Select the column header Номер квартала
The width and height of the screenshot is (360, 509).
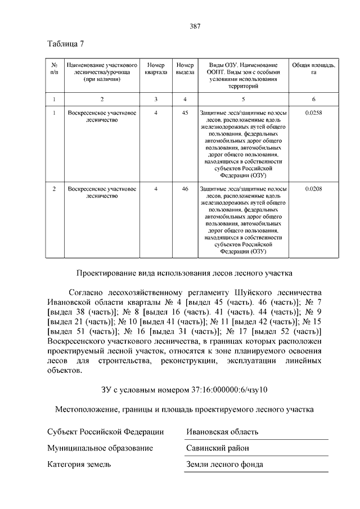click(156, 69)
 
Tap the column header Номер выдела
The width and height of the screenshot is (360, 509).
click(184, 69)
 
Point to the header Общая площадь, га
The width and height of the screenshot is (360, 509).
click(313, 69)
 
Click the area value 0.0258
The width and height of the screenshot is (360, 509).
click(313, 114)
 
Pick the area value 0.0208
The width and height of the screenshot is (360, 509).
click(313, 188)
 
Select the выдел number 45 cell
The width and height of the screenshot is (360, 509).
click(184, 114)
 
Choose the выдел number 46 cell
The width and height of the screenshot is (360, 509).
click(184, 188)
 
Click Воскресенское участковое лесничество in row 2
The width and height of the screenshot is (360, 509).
click(102, 192)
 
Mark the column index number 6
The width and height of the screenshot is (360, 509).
click(313, 99)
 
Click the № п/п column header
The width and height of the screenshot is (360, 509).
click(54, 69)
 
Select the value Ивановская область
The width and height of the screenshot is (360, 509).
click(222, 431)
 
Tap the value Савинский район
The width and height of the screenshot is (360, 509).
click(218, 448)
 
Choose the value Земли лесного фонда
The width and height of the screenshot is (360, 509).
click(225, 464)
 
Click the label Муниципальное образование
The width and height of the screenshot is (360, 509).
click(100, 448)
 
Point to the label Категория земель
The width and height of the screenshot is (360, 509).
click(79, 464)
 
